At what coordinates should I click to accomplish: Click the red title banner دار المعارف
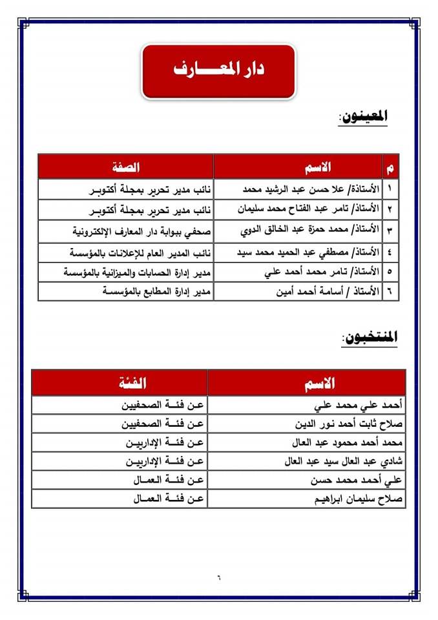pyautogui.click(x=218, y=70)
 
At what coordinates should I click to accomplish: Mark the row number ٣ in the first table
pyautogui.click(x=390, y=231)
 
